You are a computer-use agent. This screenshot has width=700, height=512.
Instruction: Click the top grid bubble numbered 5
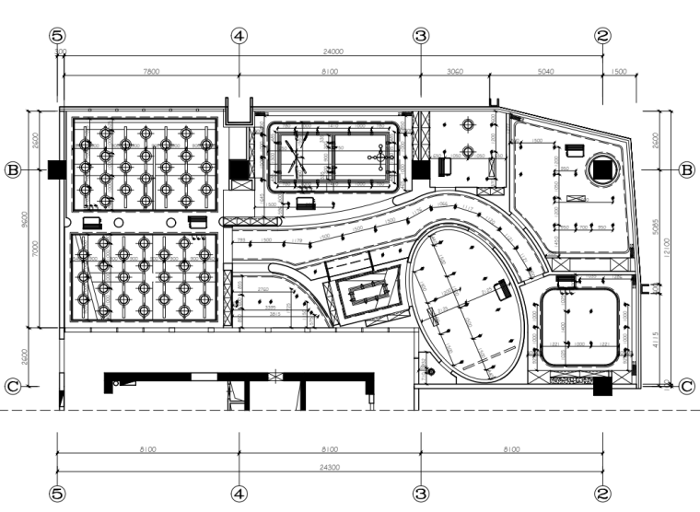(x=57, y=35)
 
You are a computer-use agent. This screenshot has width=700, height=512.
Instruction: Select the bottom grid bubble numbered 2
(x=603, y=495)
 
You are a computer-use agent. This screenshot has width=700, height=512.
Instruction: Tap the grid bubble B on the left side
(x=14, y=170)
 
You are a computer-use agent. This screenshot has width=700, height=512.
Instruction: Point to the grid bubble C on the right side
(x=686, y=387)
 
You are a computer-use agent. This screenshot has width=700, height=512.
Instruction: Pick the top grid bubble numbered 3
(x=421, y=35)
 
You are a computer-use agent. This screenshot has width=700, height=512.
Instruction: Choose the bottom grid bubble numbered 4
(x=239, y=495)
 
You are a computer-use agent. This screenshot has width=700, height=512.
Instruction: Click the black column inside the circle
(x=603, y=169)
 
